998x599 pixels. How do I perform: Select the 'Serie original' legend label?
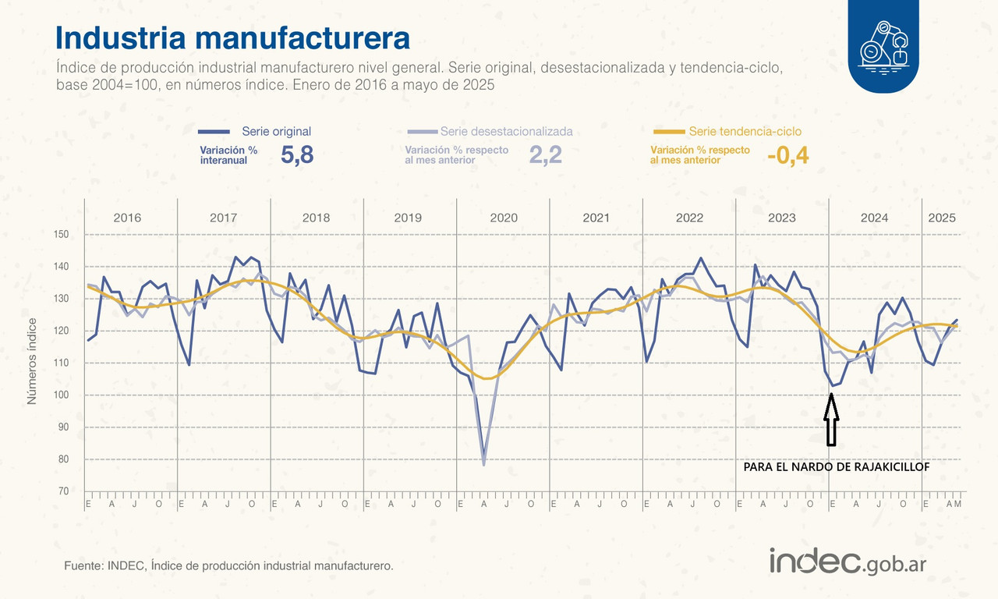(x=276, y=131)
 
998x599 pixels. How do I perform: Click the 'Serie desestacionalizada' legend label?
(x=506, y=131)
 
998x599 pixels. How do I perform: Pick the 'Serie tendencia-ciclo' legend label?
(x=745, y=131)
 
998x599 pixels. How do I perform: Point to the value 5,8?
(x=296, y=154)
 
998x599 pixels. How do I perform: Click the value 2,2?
(x=545, y=154)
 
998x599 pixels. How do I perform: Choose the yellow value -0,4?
(x=787, y=155)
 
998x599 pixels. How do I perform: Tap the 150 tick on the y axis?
(x=62, y=235)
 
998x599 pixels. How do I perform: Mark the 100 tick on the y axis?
(x=62, y=395)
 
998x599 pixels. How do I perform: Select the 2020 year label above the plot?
(x=504, y=218)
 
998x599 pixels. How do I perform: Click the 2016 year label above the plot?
(x=127, y=218)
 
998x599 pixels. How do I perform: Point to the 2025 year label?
(x=942, y=218)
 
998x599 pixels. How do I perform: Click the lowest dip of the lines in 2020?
(x=484, y=463)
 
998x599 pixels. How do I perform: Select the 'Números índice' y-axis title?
(x=33, y=360)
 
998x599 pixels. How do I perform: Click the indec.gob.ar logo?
(x=848, y=561)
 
